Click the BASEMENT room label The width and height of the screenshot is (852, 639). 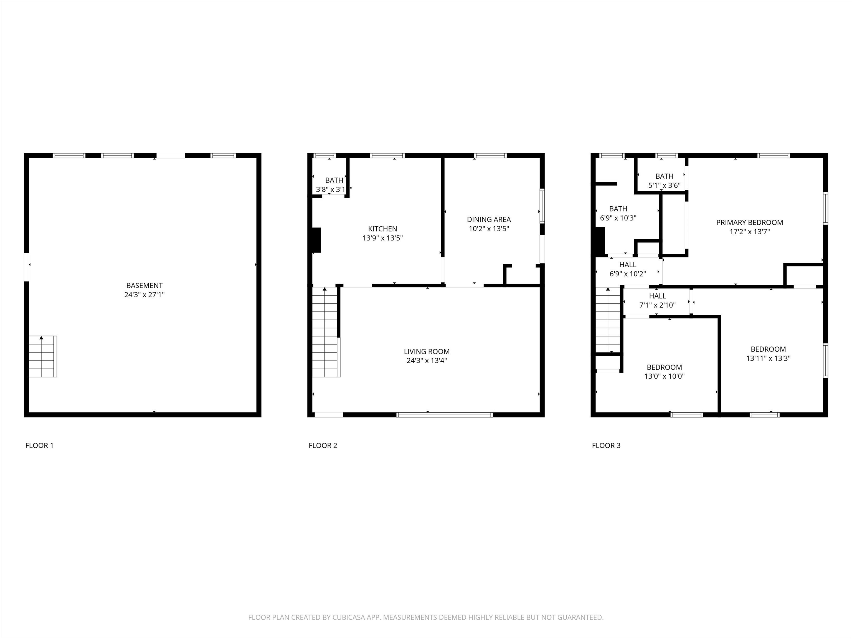pos(144,285)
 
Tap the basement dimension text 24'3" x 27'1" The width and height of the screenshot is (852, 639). pos(144,295)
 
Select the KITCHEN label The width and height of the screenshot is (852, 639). pos(382,229)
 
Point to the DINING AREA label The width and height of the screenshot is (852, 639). pos(489,220)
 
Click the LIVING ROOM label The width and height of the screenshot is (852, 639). pos(427,351)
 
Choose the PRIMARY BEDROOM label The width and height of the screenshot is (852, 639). pos(750,222)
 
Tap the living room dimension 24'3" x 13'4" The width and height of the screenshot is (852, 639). pos(427,361)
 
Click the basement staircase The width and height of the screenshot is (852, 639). pos(43,356)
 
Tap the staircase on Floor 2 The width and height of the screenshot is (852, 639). pos(326,332)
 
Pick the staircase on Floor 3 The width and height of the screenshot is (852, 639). pos(608,320)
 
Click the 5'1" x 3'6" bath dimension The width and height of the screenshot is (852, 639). pos(665,185)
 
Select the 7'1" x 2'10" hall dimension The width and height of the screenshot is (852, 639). pos(658,305)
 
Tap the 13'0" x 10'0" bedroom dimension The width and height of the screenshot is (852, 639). pos(665,376)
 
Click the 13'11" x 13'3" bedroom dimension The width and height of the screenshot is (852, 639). pos(768,358)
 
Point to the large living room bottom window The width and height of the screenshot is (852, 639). pos(445,415)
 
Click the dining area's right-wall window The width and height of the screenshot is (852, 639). pos(542,206)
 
